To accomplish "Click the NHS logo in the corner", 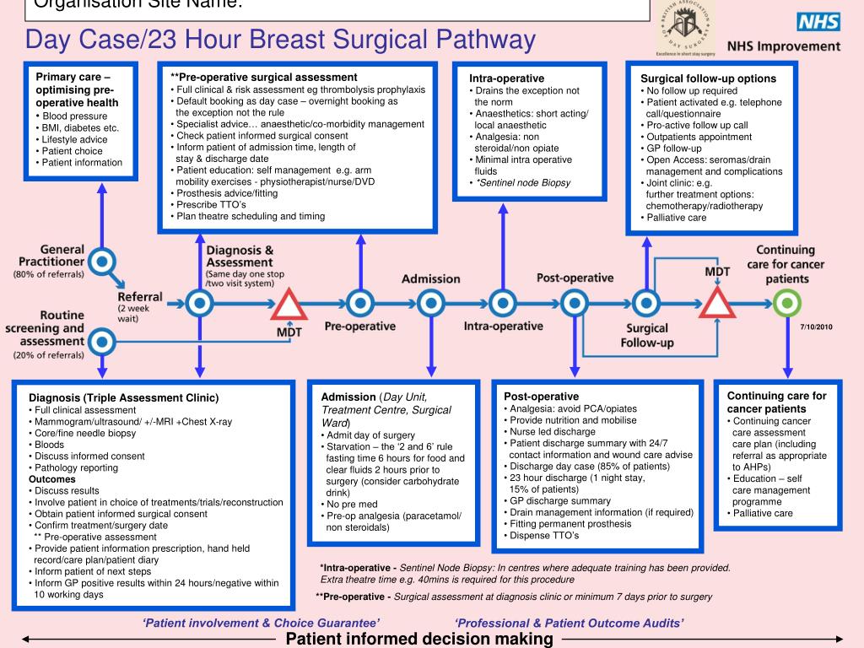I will point(818,23).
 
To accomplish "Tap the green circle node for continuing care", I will point(787,301).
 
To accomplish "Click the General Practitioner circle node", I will point(102,262).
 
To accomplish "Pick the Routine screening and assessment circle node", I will point(102,342).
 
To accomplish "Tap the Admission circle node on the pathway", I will point(431,301).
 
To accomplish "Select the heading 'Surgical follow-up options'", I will point(708,78).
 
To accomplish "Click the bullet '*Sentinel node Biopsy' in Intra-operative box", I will point(522,182).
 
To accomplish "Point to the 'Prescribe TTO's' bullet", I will point(211,204).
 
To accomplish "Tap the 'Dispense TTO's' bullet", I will point(544,535).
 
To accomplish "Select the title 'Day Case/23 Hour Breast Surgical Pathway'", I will point(280,40).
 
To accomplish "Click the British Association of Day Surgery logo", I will point(685,26).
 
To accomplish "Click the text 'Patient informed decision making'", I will point(419,639).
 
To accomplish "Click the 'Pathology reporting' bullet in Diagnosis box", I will point(76,467).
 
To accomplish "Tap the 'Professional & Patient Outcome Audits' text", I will point(570,623).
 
